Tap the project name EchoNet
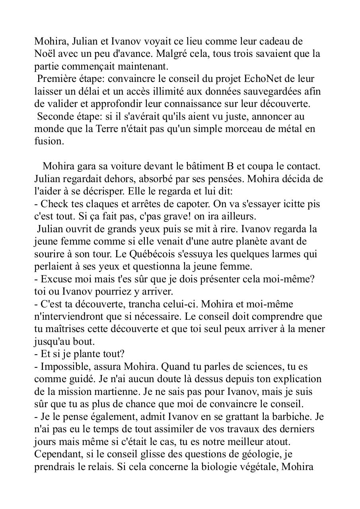(x=259, y=79)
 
